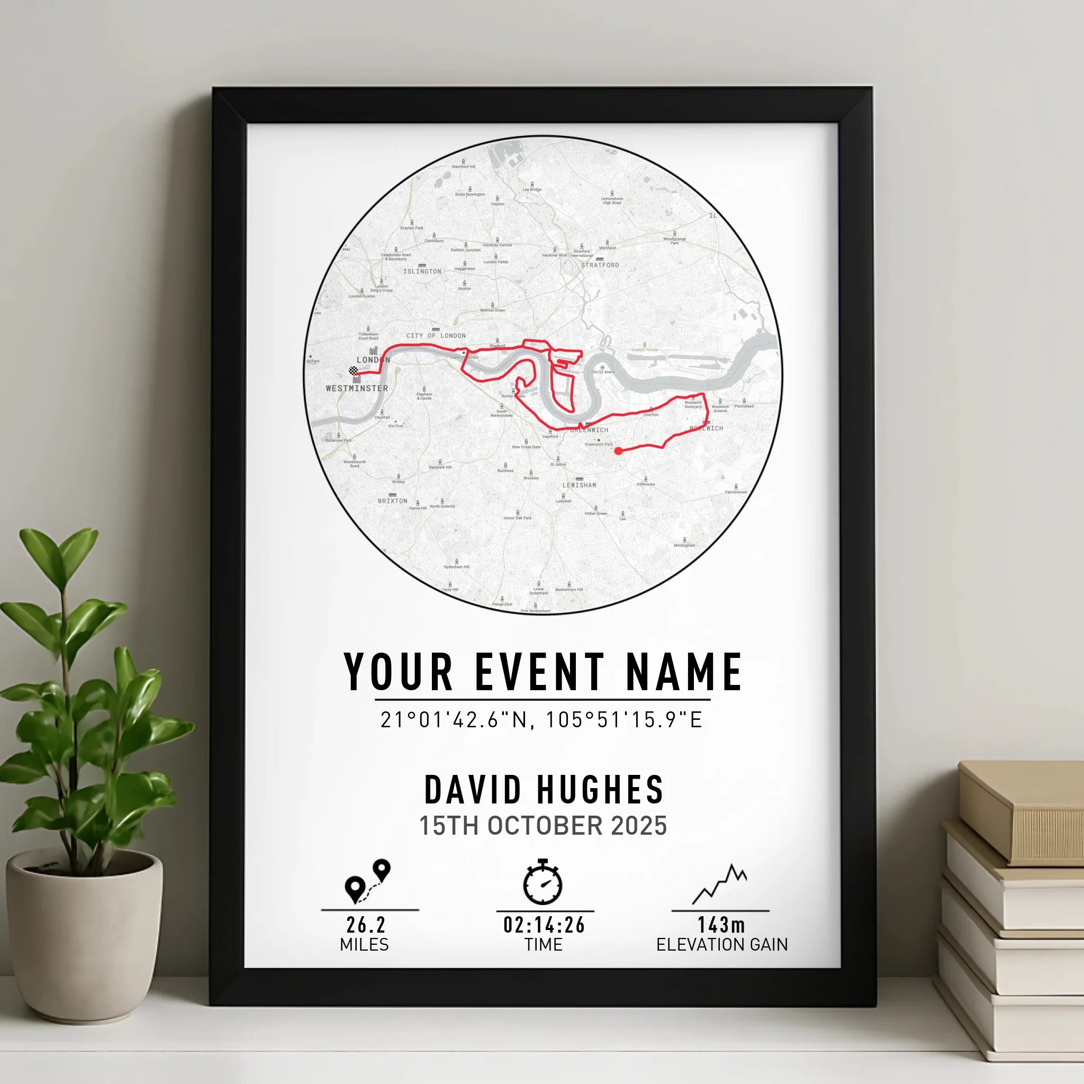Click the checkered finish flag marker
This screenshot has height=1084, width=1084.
354,371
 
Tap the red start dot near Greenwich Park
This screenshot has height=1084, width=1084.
618,450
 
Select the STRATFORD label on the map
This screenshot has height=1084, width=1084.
600,265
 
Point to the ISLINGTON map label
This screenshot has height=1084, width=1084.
422,272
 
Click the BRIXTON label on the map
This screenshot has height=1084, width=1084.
392,501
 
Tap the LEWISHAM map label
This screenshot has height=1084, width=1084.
579,485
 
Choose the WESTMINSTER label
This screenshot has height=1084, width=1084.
357,389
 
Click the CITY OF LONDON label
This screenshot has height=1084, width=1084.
436,336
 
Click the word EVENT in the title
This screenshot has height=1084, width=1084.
540,672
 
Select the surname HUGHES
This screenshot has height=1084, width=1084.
600,790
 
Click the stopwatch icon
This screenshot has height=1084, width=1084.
543,882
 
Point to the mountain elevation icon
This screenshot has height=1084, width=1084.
720,884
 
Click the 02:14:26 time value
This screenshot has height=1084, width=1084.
544,925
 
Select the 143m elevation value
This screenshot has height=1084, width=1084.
721,925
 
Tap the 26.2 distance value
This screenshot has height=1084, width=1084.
366,925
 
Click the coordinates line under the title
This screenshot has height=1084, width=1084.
541,720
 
